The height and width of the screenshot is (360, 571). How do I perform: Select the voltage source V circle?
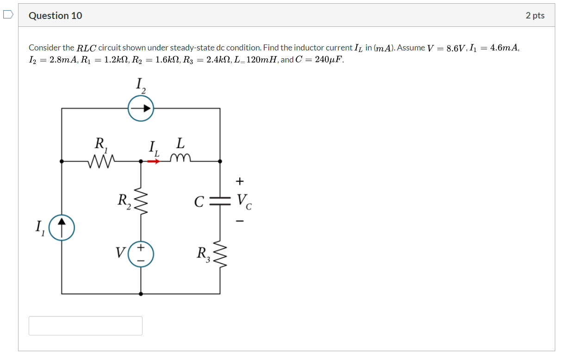141,254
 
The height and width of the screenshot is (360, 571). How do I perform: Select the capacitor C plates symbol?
220,201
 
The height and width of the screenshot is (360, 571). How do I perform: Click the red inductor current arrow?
154,161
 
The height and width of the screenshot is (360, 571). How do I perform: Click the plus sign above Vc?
239,180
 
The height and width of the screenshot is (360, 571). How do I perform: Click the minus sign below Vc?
239,222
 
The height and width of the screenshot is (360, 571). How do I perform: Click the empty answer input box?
86,326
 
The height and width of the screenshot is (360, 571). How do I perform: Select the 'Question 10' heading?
55,16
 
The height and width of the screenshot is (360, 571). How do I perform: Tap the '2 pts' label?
535,16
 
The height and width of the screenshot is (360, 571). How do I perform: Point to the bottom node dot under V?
141,293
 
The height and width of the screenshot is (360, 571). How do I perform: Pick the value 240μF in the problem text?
328,60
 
